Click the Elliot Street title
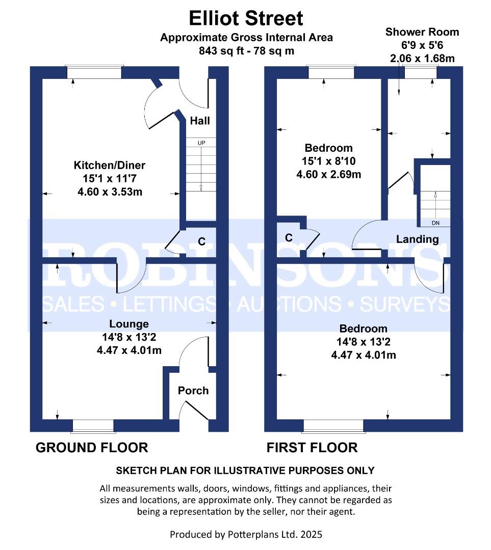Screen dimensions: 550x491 (246, 18)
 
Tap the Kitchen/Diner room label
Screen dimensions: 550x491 (110, 166)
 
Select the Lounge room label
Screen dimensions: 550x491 (129, 324)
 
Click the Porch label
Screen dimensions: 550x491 (193, 391)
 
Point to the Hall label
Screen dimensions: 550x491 (200, 121)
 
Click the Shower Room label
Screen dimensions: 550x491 (422, 32)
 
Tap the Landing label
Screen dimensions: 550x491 (418, 239)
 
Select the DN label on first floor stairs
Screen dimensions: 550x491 (435, 223)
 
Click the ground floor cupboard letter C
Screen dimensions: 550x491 (202, 241)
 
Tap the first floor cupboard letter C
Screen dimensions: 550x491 (289, 238)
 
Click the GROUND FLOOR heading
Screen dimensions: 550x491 (92, 448)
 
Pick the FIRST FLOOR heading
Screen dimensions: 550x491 (312, 448)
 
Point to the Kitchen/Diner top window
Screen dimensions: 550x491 (94, 72)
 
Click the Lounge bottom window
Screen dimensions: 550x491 (93, 425)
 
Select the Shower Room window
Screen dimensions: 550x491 (421, 72)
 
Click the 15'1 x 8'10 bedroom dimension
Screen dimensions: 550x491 (328, 161)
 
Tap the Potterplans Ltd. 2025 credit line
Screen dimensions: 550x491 (246, 534)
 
